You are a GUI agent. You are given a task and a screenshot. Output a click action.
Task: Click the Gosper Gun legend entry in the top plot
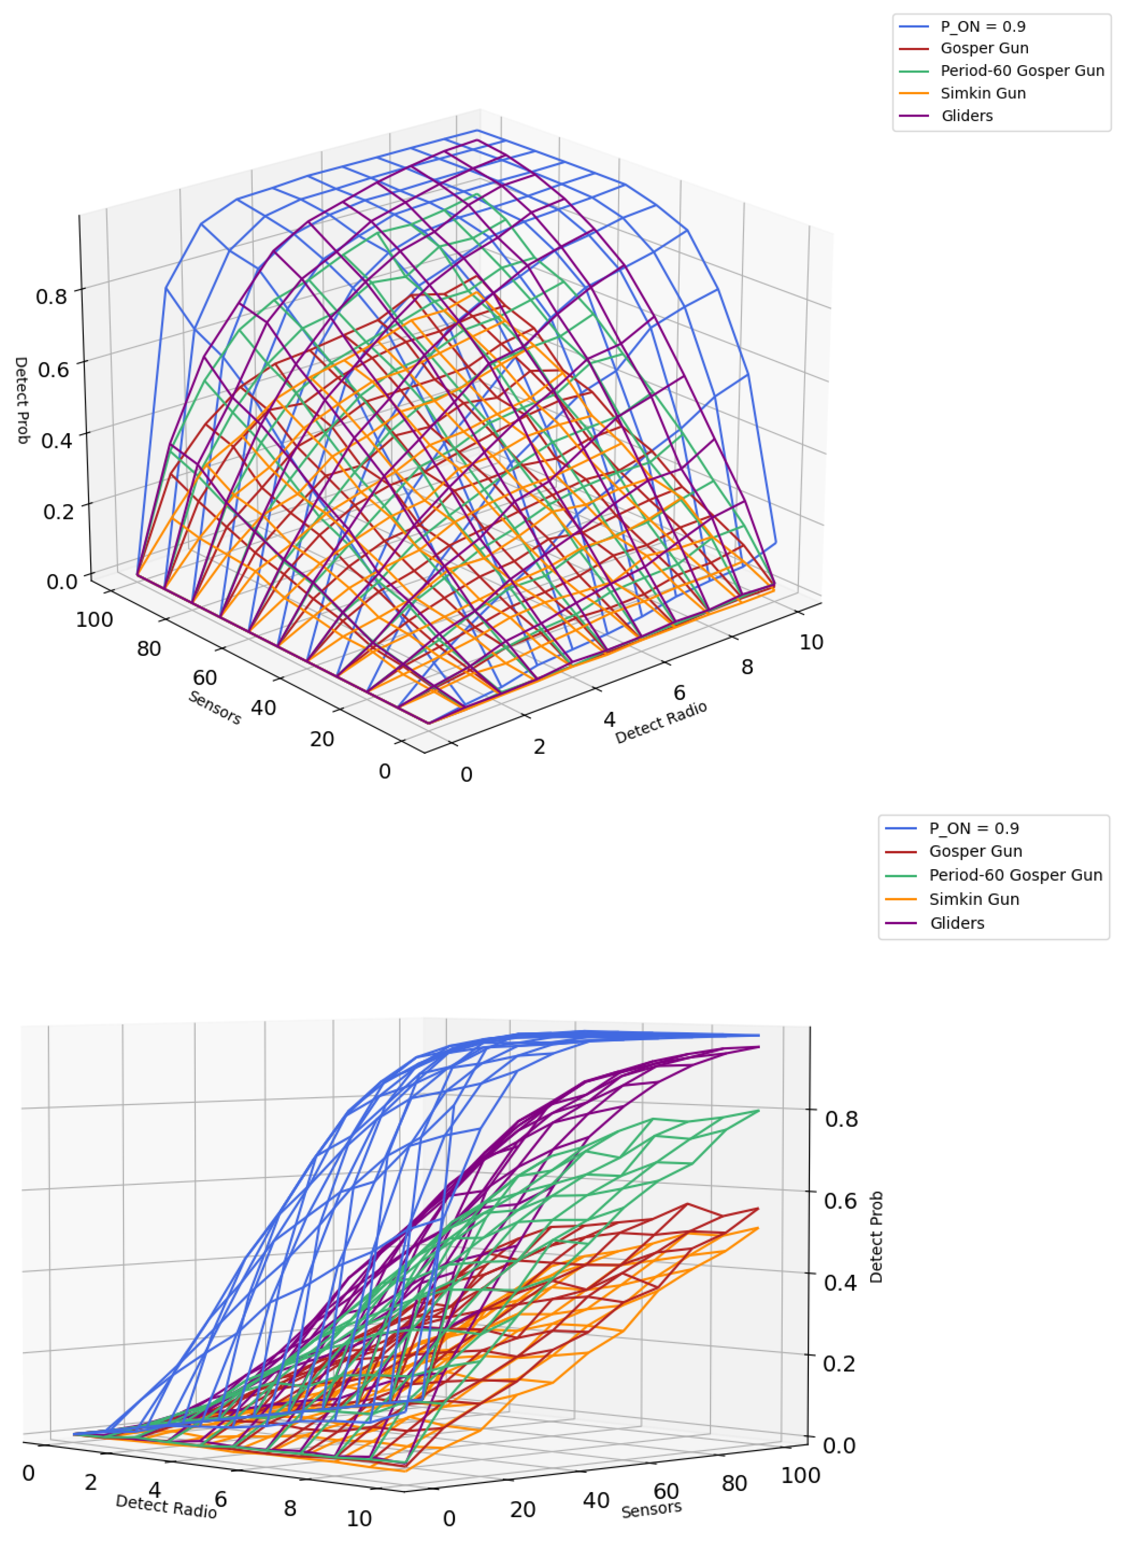[x=984, y=48]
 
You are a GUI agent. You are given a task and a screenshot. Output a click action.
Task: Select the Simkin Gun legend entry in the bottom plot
[x=974, y=899]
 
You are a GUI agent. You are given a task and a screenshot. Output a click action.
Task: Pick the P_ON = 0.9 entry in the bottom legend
[x=974, y=828]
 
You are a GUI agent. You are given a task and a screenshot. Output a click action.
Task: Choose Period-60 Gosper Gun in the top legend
[x=1021, y=71]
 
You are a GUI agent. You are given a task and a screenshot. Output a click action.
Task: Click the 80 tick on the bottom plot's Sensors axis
[x=734, y=1483]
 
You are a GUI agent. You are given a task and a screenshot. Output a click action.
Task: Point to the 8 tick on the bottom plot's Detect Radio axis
[x=290, y=1508]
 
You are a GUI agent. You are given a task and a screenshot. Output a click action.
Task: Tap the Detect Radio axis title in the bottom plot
[x=166, y=1506]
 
